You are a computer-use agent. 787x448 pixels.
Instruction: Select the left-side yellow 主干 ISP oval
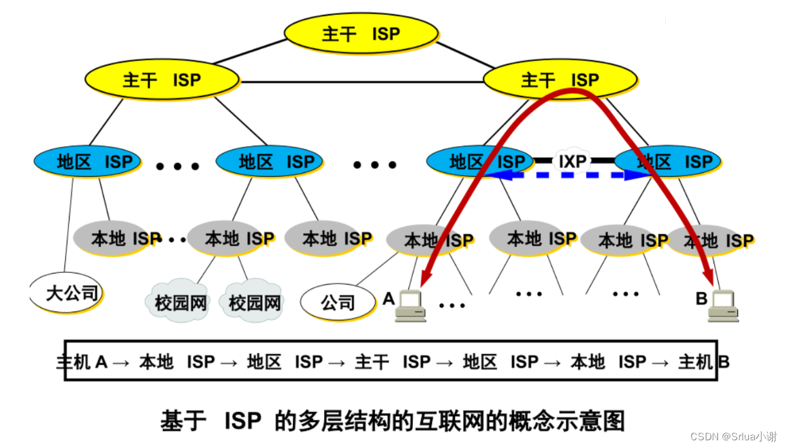point(162,80)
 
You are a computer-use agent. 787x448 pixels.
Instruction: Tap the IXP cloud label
point(573,160)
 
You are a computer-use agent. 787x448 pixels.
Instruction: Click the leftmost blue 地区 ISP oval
point(88,161)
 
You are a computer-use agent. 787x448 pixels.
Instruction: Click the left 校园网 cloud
point(181,301)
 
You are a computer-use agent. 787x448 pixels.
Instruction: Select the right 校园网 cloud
point(255,301)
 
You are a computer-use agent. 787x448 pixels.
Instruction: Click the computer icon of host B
point(723,306)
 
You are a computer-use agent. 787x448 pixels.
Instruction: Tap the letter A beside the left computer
point(388,299)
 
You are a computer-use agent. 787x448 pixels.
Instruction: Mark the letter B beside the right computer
point(701,299)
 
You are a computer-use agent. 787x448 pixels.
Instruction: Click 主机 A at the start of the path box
point(82,362)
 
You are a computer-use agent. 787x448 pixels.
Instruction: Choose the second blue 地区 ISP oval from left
point(269,161)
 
